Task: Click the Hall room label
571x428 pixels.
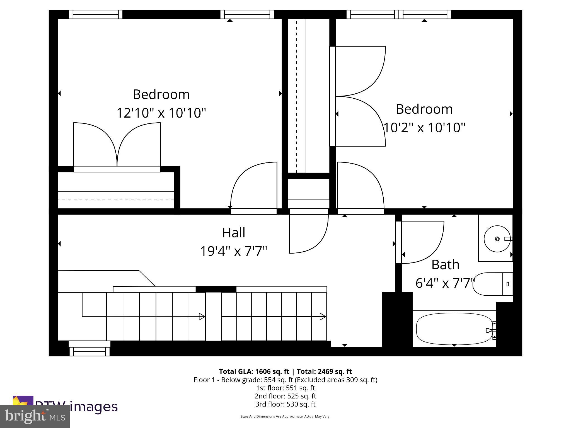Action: [x=233, y=233]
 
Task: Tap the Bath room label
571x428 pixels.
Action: [x=445, y=264]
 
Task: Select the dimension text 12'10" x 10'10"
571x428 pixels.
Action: [x=161, y=113]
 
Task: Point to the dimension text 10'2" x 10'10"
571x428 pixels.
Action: [x=424, y=128]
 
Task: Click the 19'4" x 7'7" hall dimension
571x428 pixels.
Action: [x=233, y=251]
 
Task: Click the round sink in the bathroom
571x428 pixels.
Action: [x=497, y=239]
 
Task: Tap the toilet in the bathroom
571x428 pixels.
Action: [x=492, y=284]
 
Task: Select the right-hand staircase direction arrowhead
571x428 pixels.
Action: [x=323, y=317]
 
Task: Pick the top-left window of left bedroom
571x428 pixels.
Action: [x=96, y=14]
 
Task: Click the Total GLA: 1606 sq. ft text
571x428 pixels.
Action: [x=254, y=371]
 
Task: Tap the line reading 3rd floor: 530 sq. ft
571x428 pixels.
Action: [x=285, y=404]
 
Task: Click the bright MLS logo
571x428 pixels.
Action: [x=35, y=416]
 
